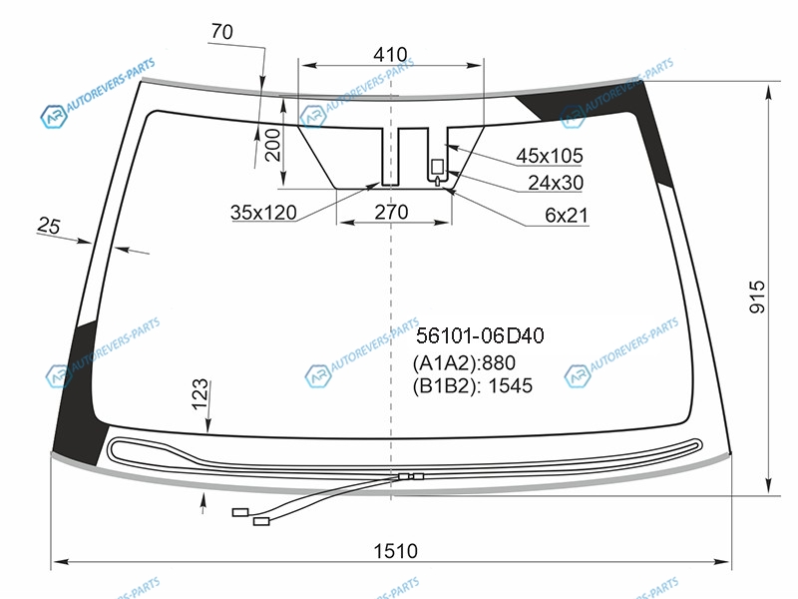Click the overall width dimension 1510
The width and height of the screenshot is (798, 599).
[395, 551]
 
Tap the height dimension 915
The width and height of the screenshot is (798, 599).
[757, 297]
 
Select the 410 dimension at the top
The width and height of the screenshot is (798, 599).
[390, 54]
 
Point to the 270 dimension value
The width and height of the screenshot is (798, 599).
[391, 212]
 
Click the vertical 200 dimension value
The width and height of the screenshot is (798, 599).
[273, 145]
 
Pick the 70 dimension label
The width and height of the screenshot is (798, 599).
[221, 32]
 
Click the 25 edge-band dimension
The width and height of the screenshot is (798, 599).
[49, 226]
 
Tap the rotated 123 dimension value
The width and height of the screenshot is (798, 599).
[200, 393]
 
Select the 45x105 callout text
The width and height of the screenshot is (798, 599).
[550, 156]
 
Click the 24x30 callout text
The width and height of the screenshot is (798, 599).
[556, 183]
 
